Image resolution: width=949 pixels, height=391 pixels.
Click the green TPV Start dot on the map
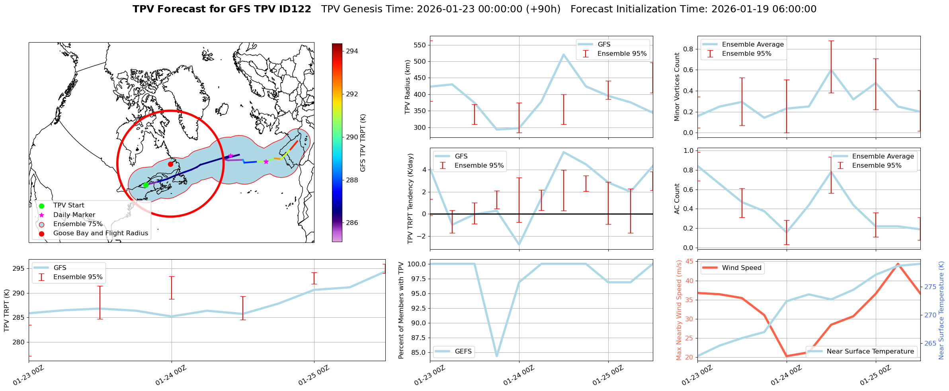[x=146, y=185]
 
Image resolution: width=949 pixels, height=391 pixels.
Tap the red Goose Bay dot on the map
[x=170, y=164]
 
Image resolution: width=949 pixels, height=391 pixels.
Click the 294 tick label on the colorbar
[x=352, y=51]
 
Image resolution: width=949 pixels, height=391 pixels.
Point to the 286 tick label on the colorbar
[x=352, y=223]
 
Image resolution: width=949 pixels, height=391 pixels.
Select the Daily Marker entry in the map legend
[x=74, y=215]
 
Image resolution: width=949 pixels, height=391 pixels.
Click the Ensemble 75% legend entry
[x=78, y=224]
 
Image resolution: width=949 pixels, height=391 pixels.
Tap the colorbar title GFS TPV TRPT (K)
[x=363, y=143]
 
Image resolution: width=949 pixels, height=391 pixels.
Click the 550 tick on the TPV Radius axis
[x=420, y=45]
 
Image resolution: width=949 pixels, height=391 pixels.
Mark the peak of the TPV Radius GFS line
[x=564, y=55]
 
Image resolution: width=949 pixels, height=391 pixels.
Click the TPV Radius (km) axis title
[x=407, y=87]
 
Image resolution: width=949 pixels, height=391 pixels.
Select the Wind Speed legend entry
[x=741, y=268]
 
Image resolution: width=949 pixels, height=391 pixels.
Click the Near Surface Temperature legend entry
[x=870, y=351]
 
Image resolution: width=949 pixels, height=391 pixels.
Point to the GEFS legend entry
[x=463, y=351]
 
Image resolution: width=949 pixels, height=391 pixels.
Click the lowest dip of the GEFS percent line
[x=497, y=356]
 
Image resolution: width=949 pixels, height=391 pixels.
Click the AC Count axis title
[x=677, y=199]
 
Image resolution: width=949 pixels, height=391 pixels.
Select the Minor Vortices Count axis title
[x=677, y=87]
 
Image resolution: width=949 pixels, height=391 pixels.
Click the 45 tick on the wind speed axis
[x=689, y=262]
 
